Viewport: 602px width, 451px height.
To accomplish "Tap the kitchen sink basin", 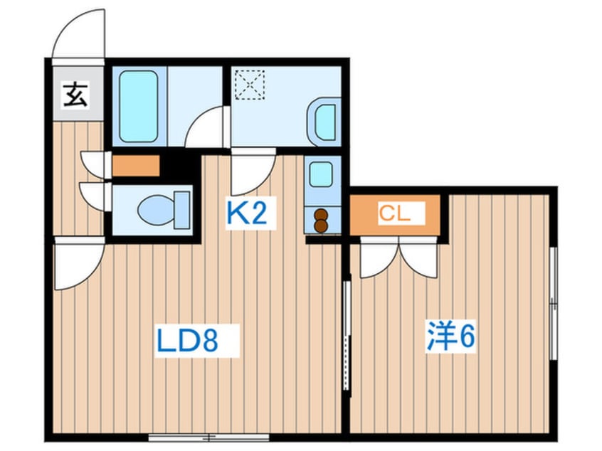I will (320, 174).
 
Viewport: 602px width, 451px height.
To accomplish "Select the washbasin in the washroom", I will (324, 122).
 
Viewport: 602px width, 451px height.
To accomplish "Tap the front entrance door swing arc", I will (78, 33).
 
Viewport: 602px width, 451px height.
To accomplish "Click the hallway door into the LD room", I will (77, 263).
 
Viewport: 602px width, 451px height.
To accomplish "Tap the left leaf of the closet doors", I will (376, 260).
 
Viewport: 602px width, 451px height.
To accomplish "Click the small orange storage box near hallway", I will (134, 166).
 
